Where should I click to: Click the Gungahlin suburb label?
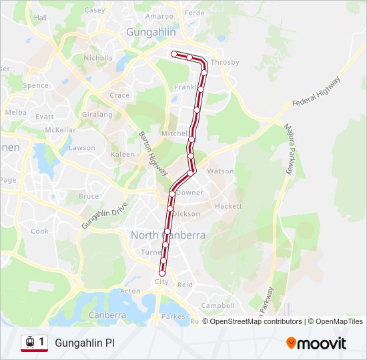(x=151, y=32)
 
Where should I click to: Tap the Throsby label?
(x=225, y=63)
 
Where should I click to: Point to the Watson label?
(x=221, y=171)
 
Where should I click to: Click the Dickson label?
(x=186, y=214)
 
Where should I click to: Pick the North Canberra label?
(x=167, y=235)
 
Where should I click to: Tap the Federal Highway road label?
(x=316, y=93)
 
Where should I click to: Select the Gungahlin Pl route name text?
(x=84, y=343)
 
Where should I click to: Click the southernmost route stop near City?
(x=161, y=273)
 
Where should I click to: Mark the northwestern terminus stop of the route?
(x=174, y=54)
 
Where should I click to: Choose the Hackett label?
(x=228, y=206)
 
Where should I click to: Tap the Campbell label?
(x=218, y=305)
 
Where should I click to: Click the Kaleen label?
(x=123, y=154)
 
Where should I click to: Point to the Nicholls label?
(x=98, y=58)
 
